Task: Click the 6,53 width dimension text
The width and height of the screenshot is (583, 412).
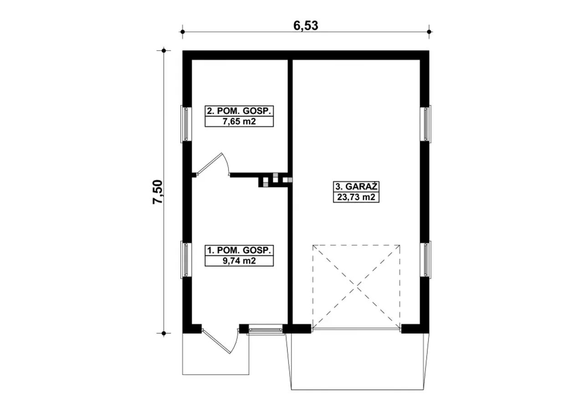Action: [x=306, y=26]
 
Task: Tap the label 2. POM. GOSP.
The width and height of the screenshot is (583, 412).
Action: [x=239, y=111]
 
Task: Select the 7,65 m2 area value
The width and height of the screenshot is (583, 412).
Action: [x=239, y=122]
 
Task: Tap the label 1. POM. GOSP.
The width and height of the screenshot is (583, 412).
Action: [x=239, y=250]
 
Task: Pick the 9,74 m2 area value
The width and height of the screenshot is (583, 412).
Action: [x=239, y=260]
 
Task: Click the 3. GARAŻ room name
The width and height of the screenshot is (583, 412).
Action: [x=356, y=187]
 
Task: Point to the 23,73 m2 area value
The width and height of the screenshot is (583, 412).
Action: [x=356, y=197]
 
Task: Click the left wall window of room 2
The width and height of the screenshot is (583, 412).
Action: [x=186, y=124]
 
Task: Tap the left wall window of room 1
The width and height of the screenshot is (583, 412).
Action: [x=186, y=259]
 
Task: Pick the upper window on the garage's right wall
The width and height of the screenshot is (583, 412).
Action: [x=425, y=124]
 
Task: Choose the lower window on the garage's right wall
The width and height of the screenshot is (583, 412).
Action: [x=425, y=259]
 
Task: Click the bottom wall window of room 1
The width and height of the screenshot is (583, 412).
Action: [x=266, y=330]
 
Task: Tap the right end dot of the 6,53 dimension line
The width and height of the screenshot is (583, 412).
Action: [x=429, y=32]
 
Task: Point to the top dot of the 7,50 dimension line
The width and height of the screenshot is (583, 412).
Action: [x=164, y=51]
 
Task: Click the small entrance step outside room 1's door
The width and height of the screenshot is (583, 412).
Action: [x=215, y=354]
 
